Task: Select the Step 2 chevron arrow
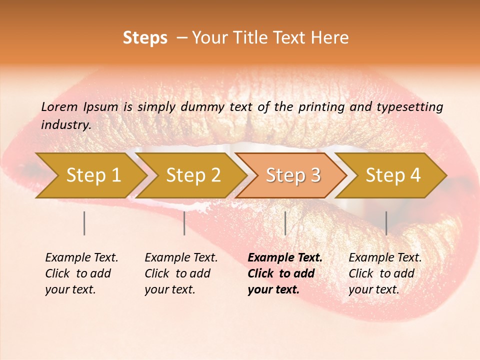tap(193, 175)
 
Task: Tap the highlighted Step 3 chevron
tap(293, 175)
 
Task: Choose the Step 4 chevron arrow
tap(393, 175)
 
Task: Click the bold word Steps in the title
tap(145, 38)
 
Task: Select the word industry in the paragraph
tap(65, 125)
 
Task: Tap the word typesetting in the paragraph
tap(413, 106)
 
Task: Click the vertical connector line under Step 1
tap(84, 223)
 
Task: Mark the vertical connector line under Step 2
tap(184, 223)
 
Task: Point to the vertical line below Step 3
tap(285, 223)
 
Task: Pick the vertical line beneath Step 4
tap(386, 223)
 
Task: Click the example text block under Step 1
tap(81, 273)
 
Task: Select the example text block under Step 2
tap(181, 273)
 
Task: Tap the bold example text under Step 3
tap(285, 273)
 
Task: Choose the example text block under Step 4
tap(385, 273)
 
